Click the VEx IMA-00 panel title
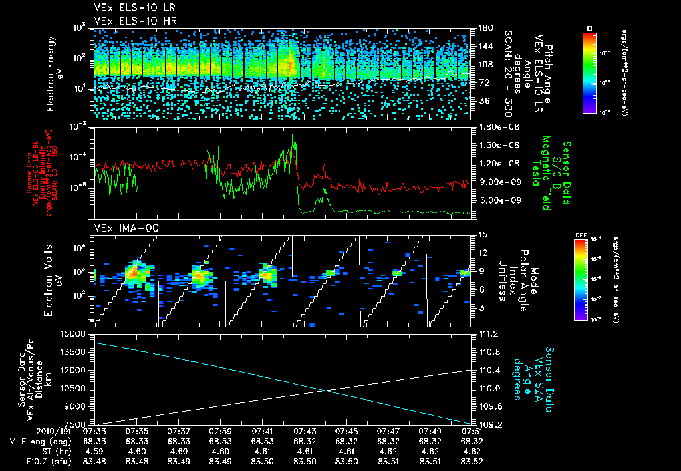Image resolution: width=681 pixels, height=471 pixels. (x=120, y=228)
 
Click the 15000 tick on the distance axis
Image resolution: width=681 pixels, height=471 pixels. (x=76, y=333)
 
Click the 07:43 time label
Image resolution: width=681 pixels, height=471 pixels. (x=305, y=432)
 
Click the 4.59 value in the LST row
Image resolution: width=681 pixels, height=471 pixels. (x=98, y=451)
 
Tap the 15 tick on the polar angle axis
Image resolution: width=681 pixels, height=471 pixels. (x=481, y=234)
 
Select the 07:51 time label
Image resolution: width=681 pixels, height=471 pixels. (x=471, y=432)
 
